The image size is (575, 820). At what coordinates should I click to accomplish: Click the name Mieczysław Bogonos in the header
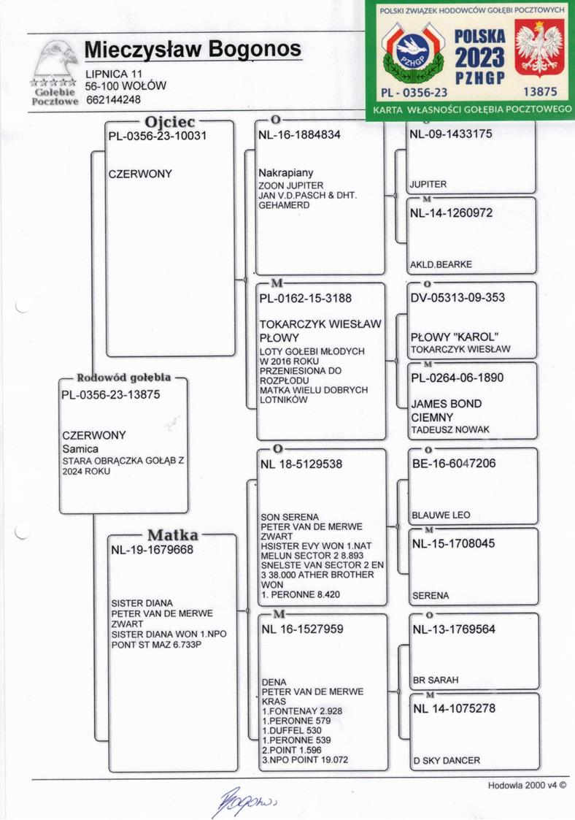click(193, 49)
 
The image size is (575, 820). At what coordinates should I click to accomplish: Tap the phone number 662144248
click(113, 100)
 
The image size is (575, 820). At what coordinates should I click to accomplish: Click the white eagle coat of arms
click(540, 49)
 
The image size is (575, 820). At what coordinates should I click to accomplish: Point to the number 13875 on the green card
click(541, 92)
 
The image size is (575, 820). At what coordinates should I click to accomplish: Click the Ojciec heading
click(170, 121)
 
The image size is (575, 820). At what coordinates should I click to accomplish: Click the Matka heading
click(173, 534)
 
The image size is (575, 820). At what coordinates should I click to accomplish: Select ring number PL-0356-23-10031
click(157, 137)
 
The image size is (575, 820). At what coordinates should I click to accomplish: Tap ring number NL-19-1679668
click(152, 551)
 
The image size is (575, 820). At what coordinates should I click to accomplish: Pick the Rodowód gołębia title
click(124, 378)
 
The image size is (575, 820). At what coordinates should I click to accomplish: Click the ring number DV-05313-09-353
click(458, 298)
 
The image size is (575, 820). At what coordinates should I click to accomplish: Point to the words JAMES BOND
click(447, 404)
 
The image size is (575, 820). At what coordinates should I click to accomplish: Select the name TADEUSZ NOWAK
click(450, 429)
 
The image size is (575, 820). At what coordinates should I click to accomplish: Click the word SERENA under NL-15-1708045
click(431, 596)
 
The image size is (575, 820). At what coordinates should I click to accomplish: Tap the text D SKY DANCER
click(446, 760)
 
